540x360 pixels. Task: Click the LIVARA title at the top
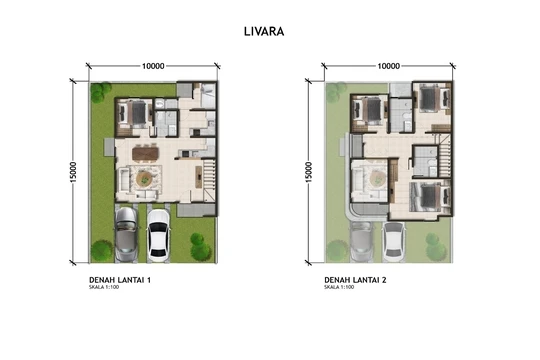(264, 31)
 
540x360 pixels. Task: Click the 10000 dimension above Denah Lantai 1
(153, 66)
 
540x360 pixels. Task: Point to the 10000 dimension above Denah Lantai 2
(388, 66)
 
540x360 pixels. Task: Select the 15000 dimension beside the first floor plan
(73, 172)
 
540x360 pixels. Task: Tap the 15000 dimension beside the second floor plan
(308, 172)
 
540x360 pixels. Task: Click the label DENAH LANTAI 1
(120, 280)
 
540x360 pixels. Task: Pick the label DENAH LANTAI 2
(355, 280)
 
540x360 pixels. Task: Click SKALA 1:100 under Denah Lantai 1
(104, 287)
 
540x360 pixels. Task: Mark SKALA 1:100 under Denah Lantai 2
(339, 287)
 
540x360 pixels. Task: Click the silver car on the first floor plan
(126, 234)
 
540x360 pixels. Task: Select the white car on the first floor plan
(158, 235)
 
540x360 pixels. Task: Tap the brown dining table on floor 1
(145, 153)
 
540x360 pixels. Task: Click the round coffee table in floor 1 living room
(143, 179)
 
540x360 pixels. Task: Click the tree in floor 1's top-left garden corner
(101, 92)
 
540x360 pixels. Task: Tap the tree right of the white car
(200, 247)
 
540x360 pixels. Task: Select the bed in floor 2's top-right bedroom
(433, 99)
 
